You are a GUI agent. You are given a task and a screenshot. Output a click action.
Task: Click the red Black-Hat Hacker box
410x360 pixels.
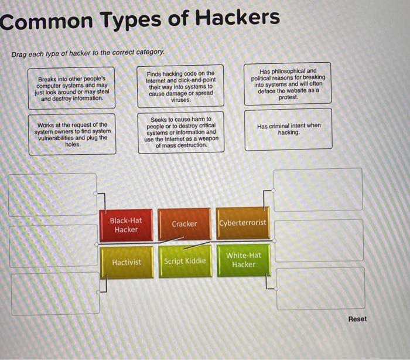coord(126,225)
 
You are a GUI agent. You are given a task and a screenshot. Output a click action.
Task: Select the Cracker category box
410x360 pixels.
coord(184,224)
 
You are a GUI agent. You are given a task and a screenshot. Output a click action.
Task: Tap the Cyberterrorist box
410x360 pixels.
coord(242,223)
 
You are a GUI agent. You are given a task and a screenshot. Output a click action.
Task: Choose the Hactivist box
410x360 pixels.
coord(127,262)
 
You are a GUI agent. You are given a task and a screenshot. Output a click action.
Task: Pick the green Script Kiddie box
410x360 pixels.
coord(185,261)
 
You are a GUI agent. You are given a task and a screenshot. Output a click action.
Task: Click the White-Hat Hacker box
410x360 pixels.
coord(244,260)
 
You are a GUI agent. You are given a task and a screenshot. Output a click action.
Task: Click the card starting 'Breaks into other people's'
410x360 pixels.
coord(71,89)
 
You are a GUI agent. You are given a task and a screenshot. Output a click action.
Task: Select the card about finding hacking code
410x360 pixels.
coord(180,87)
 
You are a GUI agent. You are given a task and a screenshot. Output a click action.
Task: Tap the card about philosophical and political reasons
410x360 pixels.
coord(288,84)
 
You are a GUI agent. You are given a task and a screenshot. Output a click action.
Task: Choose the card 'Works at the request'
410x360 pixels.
coord(72,134)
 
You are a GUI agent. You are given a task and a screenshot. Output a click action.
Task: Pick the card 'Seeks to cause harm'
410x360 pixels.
coord(180,132)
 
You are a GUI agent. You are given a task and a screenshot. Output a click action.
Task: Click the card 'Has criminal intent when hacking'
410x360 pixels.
coord(288,129)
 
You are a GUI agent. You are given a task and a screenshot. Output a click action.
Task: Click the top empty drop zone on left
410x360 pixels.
coord(52,194)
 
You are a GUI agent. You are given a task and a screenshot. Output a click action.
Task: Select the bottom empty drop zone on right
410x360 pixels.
coord(320,288)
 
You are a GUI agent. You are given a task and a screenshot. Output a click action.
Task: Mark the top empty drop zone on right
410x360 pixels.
coord(318,189)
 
